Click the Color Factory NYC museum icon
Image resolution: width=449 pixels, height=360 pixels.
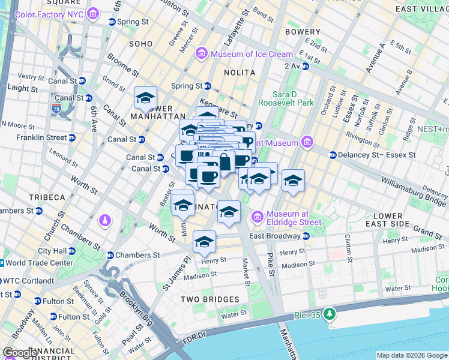[92, 13]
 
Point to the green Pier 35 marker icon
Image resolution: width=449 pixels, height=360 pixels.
[328, 314]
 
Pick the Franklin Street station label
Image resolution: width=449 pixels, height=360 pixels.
[42, 137]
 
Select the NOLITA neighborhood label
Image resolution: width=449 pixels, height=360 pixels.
[240, 73]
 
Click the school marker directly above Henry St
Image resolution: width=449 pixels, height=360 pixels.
[204, 242]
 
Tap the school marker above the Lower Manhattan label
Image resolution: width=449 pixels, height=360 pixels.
[145, 97]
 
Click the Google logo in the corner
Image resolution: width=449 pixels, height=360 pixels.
[20, 353]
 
